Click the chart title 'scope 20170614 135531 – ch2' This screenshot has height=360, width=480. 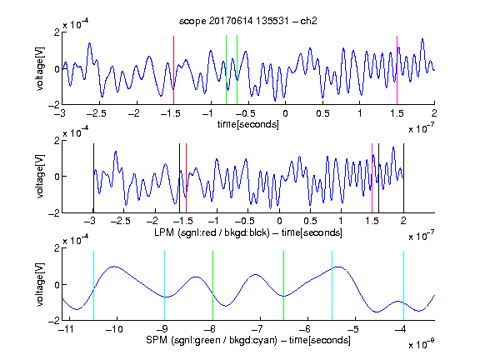(x=248, y=21)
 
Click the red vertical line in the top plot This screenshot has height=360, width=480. (x=173, y=70)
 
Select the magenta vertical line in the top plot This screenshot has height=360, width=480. (x=397, y=70)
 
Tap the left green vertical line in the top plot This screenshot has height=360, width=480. (x=226, y=70)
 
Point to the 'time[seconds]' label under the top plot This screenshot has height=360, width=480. (x=248, y=124)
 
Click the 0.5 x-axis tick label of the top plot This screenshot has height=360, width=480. (x=322, y=113)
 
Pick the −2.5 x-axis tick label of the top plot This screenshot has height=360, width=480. (x=97, y=113)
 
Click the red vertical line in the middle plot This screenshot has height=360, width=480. (x=186, y=177)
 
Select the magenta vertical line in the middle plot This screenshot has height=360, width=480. (x=372, y=177)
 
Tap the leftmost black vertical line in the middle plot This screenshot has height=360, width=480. (x=93, y=177)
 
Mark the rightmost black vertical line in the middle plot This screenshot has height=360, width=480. (x=404, y=177)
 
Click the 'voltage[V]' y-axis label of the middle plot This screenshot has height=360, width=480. (x=40, y=177)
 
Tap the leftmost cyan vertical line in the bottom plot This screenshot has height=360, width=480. (x=93, y=285)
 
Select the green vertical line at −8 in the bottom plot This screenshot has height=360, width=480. (x=212, y=285)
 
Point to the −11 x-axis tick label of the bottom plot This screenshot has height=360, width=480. (x=67, y=329)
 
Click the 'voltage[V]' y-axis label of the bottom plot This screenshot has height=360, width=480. (x=40, y=284)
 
